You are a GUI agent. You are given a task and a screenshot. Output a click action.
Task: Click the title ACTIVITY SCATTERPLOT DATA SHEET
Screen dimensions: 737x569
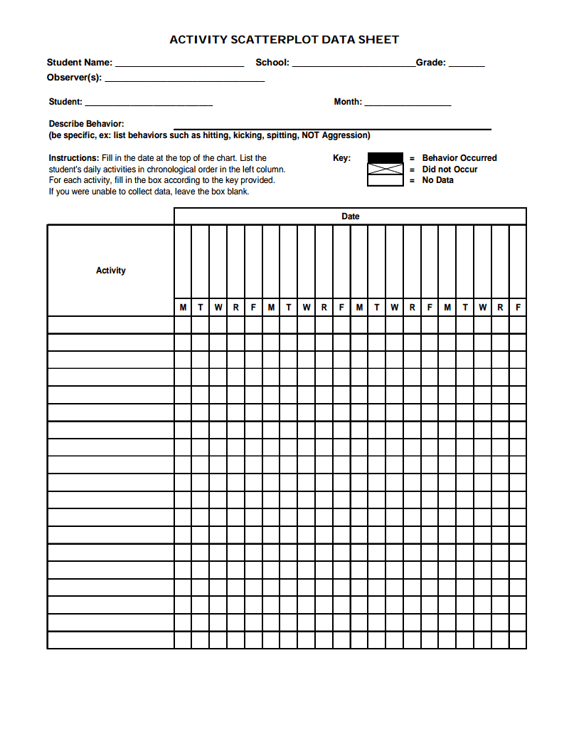[284, 40]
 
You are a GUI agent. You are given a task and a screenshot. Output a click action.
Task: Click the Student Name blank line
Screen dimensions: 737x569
[179, 65]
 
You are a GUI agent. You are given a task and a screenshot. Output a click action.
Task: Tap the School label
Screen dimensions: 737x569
[272, 63]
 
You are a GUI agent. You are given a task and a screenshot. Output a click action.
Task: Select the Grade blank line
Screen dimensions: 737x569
[467, 65]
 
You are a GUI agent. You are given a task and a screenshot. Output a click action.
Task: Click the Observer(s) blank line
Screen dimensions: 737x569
[184, 80]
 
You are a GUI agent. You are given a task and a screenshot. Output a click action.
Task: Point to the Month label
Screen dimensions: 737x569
[347, 102]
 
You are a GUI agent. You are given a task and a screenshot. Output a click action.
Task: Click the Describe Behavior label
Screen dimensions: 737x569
[86, 124]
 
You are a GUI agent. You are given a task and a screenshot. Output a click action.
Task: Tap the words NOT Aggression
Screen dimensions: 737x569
[336, 135]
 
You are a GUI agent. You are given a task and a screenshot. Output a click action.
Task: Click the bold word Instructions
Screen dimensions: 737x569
[73, 158]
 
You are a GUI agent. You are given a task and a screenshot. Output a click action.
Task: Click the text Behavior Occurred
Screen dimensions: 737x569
[459, 158]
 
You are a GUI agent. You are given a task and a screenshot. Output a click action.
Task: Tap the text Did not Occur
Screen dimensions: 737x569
[450, 169]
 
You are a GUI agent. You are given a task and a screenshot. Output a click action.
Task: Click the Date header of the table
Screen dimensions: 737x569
[350, 216]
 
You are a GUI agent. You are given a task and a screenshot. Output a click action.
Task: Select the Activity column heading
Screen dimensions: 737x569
[110, 271]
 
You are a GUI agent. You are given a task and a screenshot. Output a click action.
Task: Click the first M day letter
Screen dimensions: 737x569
[183, 308]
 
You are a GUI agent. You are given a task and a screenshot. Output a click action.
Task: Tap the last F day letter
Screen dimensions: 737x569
[518, 308]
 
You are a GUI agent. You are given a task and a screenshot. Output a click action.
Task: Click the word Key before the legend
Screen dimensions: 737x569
[341, 158]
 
